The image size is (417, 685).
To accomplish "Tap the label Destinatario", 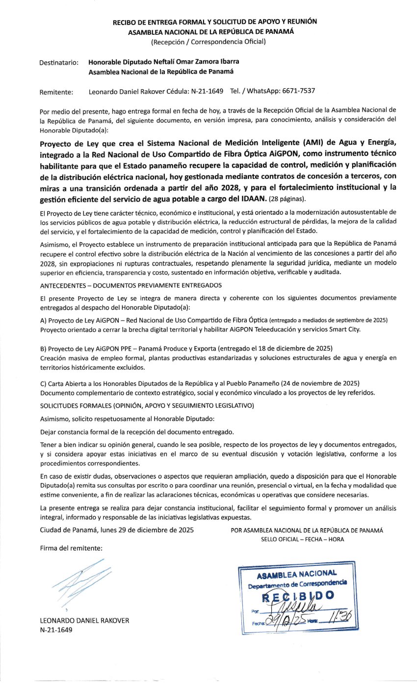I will coord(58,63).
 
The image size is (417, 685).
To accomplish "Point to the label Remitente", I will coord(56,91).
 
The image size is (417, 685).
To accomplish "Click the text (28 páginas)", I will coord(287,199).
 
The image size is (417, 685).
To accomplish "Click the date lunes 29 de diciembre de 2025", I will coord(146,530).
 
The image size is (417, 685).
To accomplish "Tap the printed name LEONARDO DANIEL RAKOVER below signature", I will coord(84,620).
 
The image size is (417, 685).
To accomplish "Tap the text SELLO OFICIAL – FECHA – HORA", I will coord(303,539).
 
